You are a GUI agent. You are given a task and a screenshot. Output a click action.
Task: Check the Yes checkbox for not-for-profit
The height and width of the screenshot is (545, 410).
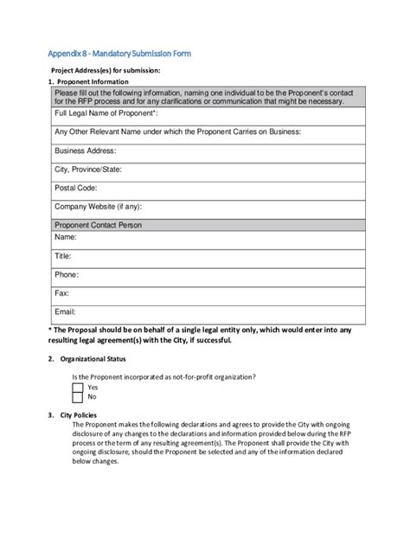coord(78,388)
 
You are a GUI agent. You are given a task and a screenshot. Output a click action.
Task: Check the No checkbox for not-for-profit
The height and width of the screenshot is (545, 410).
coord(78,398)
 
